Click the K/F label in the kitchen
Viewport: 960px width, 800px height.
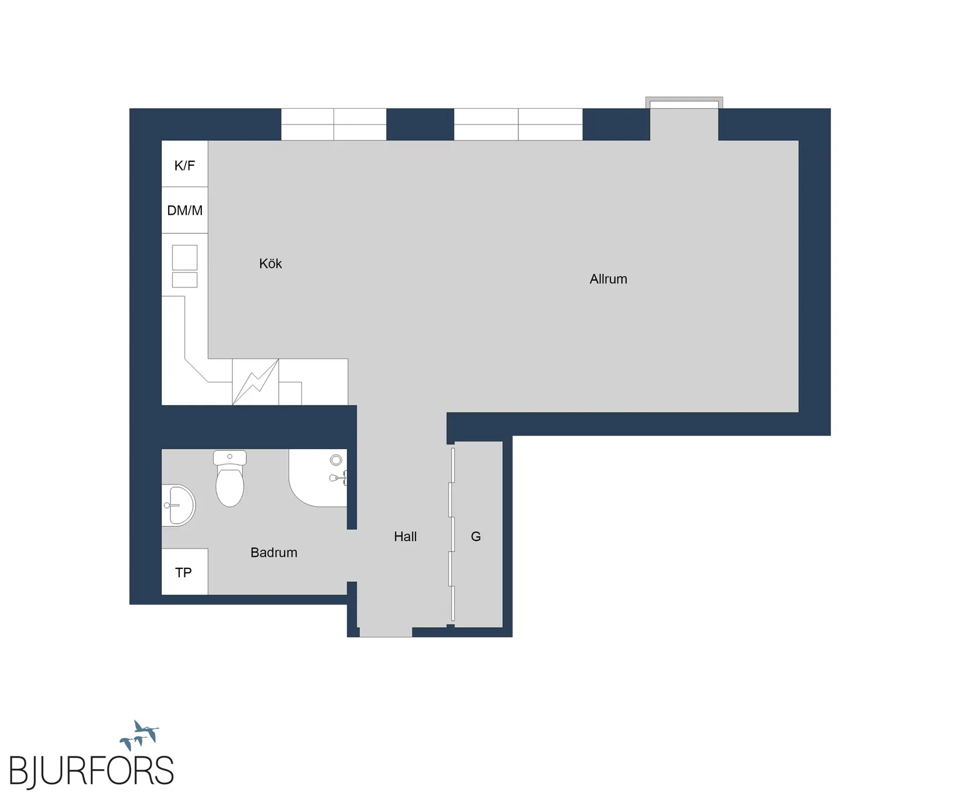[x=184, y=166]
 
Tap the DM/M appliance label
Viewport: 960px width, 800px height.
[x=184, y=211]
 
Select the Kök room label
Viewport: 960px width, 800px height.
[x=271, y=264]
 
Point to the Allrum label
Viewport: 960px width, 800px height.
[x=609, y=279]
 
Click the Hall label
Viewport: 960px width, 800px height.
[x=406, y=536]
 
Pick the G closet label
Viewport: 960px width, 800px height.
[x=476, y=536]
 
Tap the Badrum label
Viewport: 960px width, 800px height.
[x=274, y=553]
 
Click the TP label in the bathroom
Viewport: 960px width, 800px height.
[x=184, y=573]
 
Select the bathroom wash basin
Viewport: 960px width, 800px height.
[x=179, y=506]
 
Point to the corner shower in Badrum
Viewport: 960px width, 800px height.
[x=318, y=477]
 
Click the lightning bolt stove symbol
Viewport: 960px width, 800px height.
[x=255, y=382]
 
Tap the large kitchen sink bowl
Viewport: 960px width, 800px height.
[x=185, y=257]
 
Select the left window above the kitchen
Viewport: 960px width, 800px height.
[x=334, y=125]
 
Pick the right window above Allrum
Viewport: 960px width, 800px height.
[x=518, y=125]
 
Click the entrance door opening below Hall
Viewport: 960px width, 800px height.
[x=386, y=632]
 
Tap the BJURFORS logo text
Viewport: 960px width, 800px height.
[x=91, y=771]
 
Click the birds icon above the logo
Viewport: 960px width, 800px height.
[x=140, y=735]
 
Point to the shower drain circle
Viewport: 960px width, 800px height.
[x=336, y=460]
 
